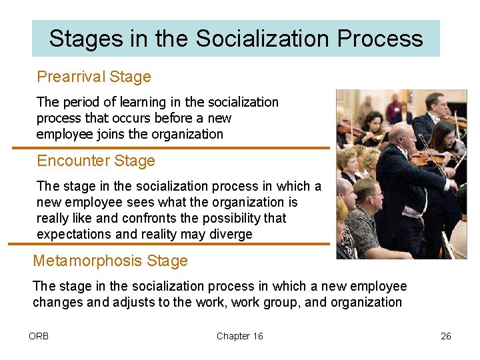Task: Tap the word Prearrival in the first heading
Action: [x=71, y=77]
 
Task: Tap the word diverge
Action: [x=229, y=234]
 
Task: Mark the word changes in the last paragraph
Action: [x=55, y=302]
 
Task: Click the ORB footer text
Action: [x=39, y=336]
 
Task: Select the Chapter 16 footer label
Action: [x=239, y=336]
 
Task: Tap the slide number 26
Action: [x=446, y=336]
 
